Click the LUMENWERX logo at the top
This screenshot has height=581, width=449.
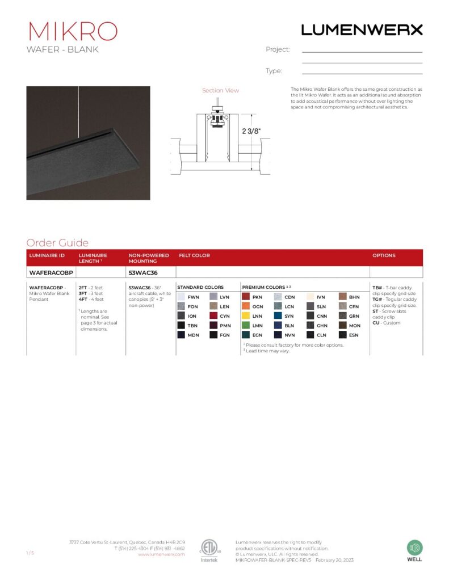(362, 30)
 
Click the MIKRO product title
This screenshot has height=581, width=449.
(72, 31)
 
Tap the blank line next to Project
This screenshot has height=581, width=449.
(362, 51)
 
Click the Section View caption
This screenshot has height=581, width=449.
(220, 90)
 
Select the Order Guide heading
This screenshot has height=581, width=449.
(57, 243)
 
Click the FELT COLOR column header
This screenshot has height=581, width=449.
(194, 255)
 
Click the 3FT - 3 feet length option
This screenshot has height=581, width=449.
(91, 293)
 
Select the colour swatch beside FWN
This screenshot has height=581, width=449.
(181, 297)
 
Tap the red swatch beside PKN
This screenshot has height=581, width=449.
(246, 297)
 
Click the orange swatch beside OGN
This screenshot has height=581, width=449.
(246, 306)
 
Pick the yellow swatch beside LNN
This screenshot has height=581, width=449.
(246, 316)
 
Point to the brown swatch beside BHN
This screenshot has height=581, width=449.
(343, 297)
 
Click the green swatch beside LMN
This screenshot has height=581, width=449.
(246, 326)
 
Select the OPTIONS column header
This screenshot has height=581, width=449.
(384, 255)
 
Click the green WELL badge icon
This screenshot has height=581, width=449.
(414, 548)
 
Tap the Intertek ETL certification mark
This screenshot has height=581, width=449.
(209, 549)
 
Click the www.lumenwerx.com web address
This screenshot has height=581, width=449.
(161, 554)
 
